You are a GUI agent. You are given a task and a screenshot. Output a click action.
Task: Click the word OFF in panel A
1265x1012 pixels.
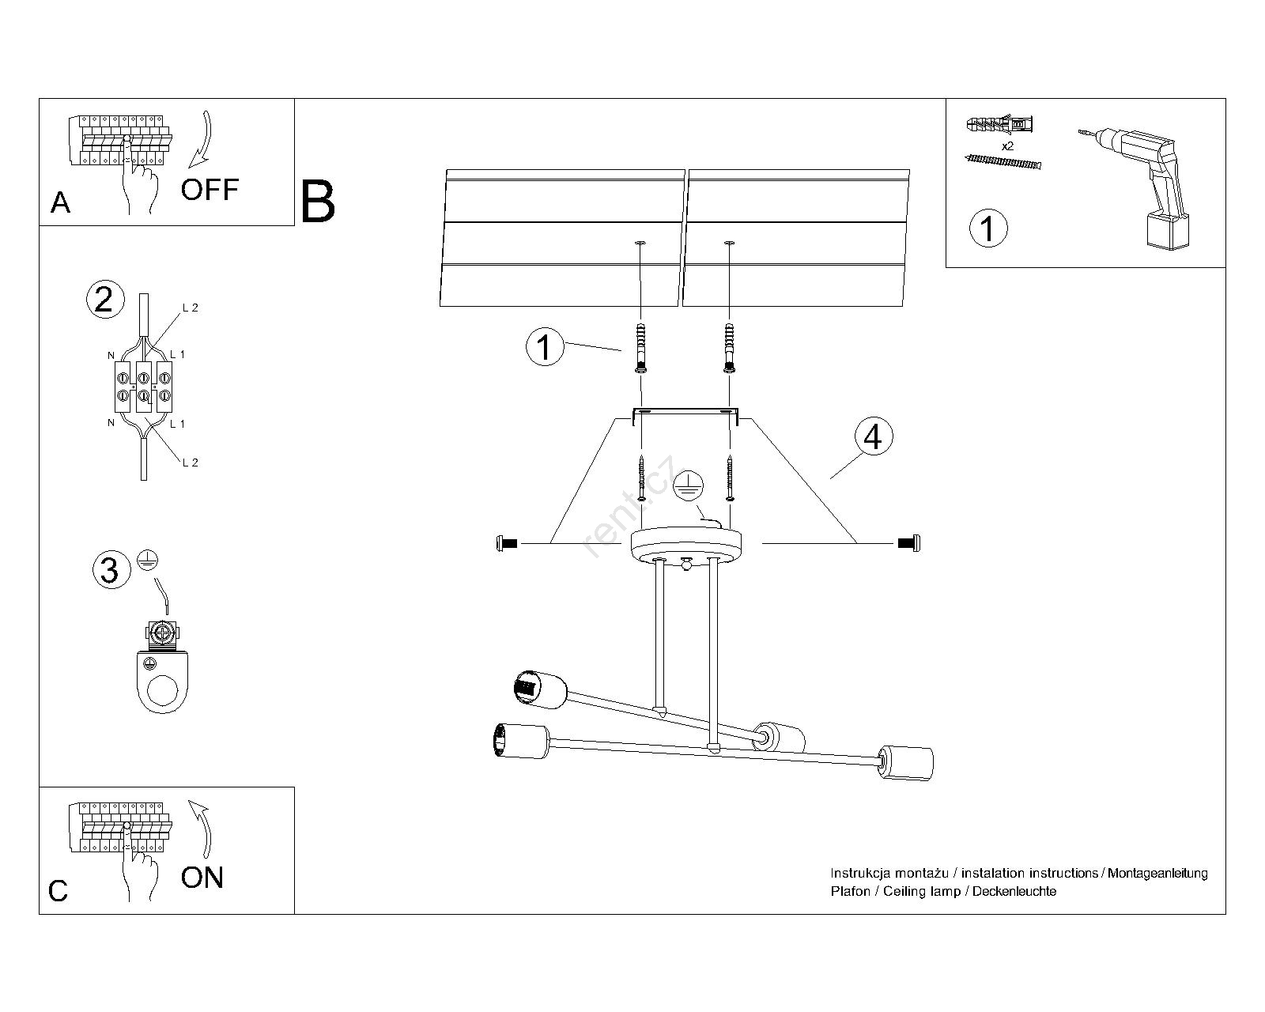click(210, 189)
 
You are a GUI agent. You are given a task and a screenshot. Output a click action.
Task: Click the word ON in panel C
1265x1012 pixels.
click(202, 878)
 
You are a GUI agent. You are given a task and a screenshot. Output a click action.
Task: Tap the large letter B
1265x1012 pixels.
click(317, 202)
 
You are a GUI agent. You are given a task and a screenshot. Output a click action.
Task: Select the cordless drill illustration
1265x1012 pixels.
click(1138, 187)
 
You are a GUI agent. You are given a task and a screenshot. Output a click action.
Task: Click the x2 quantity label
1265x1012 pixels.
click(1007, 145)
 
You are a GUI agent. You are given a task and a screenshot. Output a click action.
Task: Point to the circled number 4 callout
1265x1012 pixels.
click(873, 437)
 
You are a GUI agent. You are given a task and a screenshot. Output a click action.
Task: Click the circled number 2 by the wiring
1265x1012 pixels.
click(105, 300)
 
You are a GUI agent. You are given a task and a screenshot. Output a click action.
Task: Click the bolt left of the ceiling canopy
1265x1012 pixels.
click(507, 544)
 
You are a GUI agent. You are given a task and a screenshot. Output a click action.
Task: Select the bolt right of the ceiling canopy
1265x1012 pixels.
click(909, 543)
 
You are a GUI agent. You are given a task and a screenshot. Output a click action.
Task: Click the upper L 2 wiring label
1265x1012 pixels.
click(190, 308)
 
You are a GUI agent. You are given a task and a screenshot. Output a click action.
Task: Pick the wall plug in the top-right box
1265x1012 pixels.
click(999, 125)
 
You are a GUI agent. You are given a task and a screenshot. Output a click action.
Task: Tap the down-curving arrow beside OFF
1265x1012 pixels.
click(203, 140)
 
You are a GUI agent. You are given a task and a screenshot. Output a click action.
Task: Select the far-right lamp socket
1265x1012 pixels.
click(905, 763)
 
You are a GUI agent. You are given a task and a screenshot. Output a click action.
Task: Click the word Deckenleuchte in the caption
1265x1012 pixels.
click(1014, 891)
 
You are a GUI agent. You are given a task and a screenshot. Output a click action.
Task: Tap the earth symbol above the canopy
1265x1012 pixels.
click(688, 485)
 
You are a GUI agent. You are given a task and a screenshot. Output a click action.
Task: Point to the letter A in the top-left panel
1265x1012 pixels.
click(60, 203)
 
